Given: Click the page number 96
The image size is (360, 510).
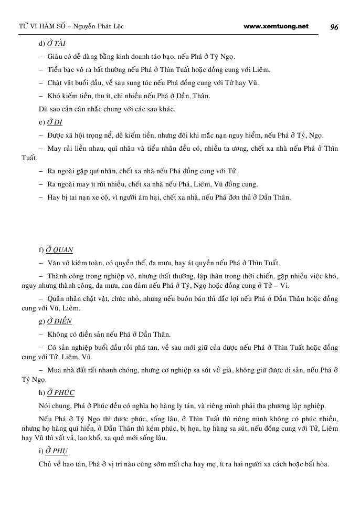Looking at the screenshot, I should point(334,27).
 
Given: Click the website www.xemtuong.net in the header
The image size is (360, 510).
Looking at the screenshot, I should point(277,27).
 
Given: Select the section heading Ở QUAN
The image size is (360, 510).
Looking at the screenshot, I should point(60,250).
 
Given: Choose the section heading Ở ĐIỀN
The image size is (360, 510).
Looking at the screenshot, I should point(59,321).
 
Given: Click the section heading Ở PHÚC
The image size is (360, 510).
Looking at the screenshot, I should point(61,392).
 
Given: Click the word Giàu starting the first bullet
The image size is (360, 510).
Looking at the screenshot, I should point(55,56).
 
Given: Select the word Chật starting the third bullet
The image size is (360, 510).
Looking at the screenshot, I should point(55,83).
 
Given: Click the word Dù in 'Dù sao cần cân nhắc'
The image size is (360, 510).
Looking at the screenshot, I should point(44,109).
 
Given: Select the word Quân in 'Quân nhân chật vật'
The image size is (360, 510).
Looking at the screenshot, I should point(56,299).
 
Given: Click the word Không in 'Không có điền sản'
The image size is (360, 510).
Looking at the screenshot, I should point(57,334).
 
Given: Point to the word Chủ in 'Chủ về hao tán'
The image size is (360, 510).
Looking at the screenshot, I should point(46,465).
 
